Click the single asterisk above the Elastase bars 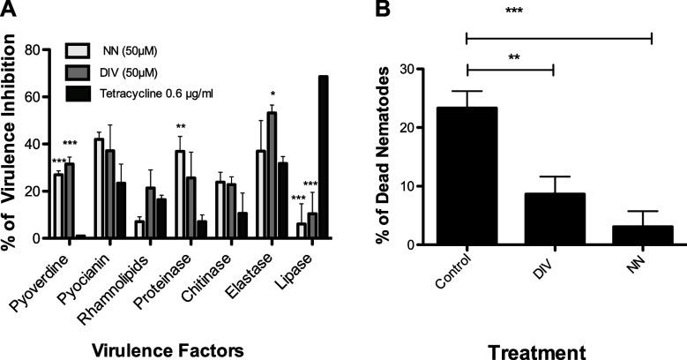(x=275, y=94)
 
